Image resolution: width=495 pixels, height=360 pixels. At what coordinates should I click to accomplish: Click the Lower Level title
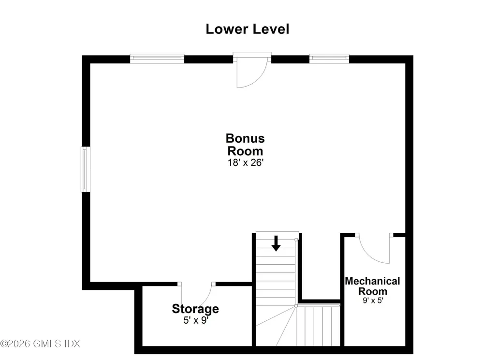tap(247, 29)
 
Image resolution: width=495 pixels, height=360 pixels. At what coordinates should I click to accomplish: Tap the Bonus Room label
tap(245, 145)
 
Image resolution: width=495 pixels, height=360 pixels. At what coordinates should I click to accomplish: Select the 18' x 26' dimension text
tap(246, 163)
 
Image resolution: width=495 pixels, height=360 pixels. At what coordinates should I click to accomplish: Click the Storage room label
tap(195, 309)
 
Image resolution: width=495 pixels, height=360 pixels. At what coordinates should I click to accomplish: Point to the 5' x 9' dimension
tap(196, 320)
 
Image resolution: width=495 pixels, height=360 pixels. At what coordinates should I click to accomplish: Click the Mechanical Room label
tap(373, 286)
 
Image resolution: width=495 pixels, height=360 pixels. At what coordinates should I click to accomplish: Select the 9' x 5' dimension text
tap(373, 300)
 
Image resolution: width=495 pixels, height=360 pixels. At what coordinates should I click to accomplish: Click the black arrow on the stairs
tap(276, 243)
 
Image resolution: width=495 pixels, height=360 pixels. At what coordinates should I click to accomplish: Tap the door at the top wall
tap(251, 70)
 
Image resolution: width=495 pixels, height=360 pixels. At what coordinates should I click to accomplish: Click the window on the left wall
tap(85, 169)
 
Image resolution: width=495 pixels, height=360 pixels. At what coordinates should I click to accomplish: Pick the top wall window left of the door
tap(157, 59)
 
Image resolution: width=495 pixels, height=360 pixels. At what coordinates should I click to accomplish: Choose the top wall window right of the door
tap(329, 59)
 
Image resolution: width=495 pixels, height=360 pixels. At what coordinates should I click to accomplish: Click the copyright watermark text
tap(40, 344)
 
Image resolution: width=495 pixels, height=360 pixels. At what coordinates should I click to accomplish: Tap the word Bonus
tap(245, 138)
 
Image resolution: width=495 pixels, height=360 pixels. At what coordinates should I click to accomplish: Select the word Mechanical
tap(373, 281)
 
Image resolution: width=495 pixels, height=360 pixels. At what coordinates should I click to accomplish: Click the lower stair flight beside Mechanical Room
tap(318, 326)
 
